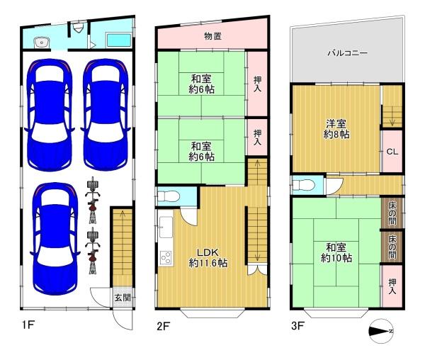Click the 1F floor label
(x=28, y=325)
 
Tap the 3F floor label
(x=297, y=325)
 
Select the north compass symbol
(x=381, y=331)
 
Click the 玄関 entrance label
(x=123, y=298)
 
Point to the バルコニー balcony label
(x=347, y=52)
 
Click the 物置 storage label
(x=213, y=35)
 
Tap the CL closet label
(x=392, y=152)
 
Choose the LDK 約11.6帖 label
(x=208, y=258)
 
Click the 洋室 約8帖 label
(x=336, y=129)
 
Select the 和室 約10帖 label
(x=336, y=253)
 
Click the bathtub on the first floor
(x=119, y=40)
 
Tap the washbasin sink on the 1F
(x=42, y=43)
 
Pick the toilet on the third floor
(x=304, y=185)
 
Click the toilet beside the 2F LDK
(x=169, y=196)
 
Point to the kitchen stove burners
(x=166, y=257)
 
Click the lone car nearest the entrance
(x=55, y=239)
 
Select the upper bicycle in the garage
(x=92, y=200)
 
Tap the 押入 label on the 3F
(x=392, y=286)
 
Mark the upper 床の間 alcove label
(x=392, y=213)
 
